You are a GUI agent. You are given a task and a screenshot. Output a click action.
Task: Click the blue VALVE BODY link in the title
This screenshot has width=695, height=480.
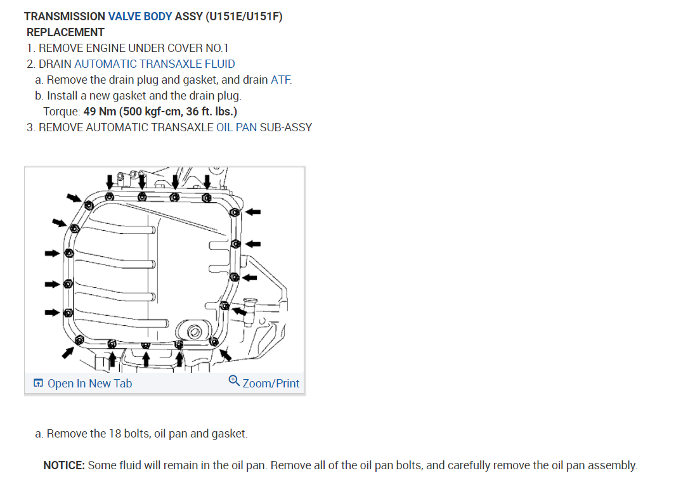tap(140, 16)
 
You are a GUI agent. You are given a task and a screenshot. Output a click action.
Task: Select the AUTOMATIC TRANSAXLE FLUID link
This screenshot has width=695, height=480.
tap(155, 64)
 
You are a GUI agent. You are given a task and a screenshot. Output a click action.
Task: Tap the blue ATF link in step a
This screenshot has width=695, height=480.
tap(281, 80)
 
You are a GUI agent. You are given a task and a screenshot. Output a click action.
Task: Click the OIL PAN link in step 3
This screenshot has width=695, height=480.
tap(237, 127)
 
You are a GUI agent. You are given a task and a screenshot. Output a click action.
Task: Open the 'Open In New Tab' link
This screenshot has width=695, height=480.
tap(89, 383)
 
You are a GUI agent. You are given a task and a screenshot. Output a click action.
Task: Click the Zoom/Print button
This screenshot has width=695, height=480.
tap(271, 383)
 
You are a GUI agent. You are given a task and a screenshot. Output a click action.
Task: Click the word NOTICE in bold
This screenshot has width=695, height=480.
tap(63, 465)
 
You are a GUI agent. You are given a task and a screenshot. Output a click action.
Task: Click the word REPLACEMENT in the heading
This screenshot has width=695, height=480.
tap(65, 32)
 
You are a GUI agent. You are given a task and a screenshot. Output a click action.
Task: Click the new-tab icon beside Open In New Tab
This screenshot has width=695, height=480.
tap(39, 383)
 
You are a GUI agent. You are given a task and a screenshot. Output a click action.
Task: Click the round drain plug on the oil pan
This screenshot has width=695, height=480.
tap(195, 332)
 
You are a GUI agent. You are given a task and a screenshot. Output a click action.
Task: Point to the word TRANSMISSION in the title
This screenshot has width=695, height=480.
tap(64, 16)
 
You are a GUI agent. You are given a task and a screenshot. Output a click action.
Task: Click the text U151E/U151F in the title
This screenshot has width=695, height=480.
tap(244, 16)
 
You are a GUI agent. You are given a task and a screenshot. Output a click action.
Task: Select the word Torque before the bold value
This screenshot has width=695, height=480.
tap(62, 112)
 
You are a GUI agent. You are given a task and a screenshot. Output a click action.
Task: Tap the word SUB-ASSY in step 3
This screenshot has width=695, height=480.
tap(286, 127)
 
